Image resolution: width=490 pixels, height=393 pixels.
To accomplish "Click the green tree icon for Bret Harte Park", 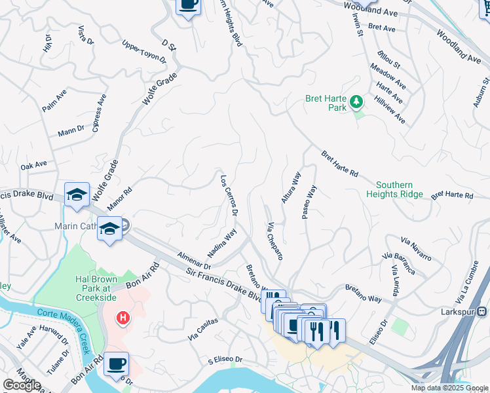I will [356, 102].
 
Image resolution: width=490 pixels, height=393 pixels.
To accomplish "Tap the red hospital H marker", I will [122, 319].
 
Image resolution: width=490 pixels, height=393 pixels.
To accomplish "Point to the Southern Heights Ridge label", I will [404, 190].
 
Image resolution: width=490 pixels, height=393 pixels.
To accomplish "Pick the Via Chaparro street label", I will [274, 240].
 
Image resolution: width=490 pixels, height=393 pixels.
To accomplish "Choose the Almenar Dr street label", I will [193, 261].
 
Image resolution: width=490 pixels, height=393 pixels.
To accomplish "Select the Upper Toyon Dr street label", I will [144, 52].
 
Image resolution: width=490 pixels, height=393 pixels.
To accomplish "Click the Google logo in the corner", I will [22, 385].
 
